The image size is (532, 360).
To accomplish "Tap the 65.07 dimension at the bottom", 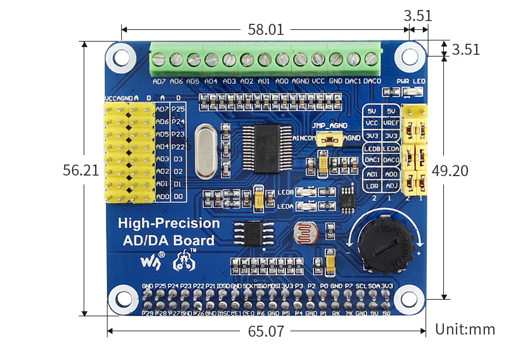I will coord(266,332).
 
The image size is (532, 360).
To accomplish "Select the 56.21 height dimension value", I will coord(81,171).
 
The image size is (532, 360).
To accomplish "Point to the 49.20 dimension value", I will coord(450,171).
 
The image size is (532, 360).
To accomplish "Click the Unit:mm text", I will coord(465,330).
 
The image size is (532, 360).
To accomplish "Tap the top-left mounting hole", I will coord(121,56).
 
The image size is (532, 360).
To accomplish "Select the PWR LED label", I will coord(411,81).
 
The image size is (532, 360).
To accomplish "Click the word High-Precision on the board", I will coord(169,224).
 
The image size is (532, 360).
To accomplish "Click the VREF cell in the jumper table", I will coord(392,123).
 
